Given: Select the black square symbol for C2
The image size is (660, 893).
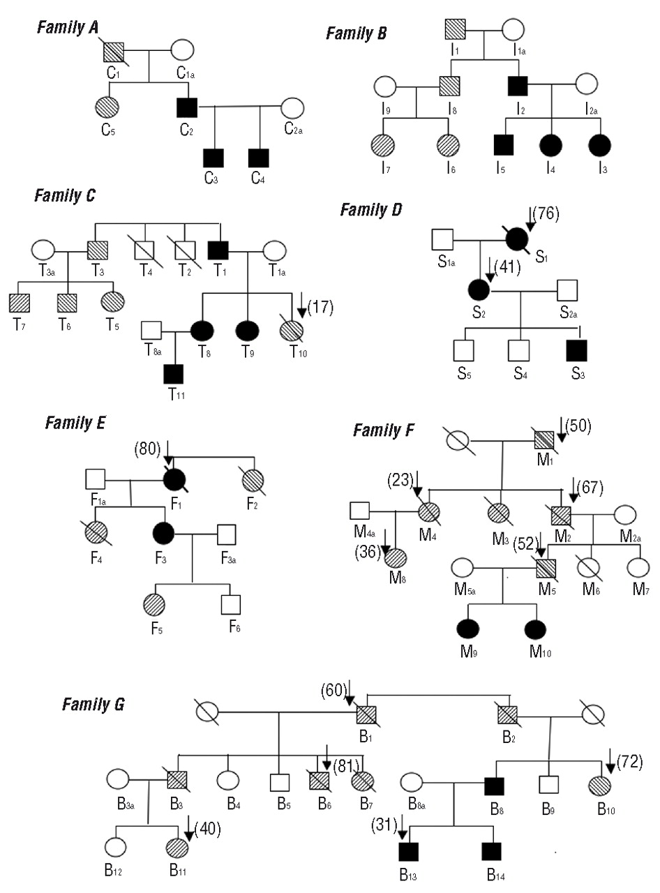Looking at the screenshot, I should coord(186,107).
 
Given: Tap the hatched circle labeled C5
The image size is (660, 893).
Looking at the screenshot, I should coord(107,107).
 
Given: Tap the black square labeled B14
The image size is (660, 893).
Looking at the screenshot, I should coord(492,851).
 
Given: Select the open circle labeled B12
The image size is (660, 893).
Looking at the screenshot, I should coord(115,846).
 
